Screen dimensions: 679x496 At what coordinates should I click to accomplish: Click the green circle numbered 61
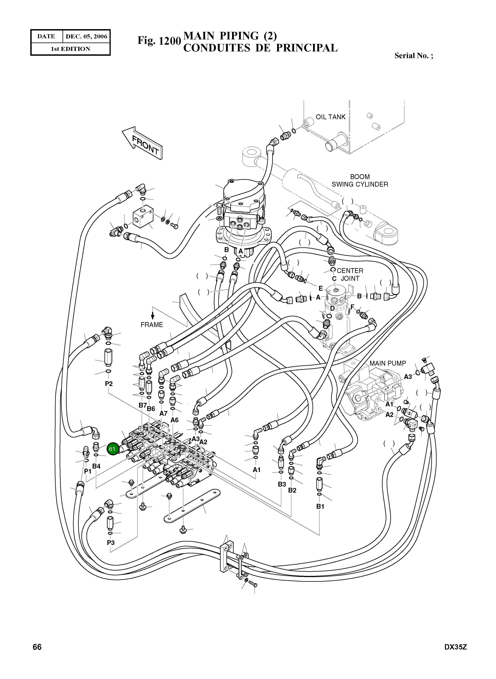coord(112,449)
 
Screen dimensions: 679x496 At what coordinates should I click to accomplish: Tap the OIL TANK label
coord(331,117)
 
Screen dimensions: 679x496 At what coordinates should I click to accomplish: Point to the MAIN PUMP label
coord(388,363)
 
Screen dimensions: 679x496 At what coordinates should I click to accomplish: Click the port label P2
coord(109,384)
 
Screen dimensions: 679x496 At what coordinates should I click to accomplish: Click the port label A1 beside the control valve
coord(257,470)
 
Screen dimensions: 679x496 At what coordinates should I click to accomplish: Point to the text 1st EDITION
coord(70,49)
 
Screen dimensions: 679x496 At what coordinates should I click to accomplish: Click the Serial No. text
coord(413,56)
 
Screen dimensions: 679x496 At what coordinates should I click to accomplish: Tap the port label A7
coord(163,413)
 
